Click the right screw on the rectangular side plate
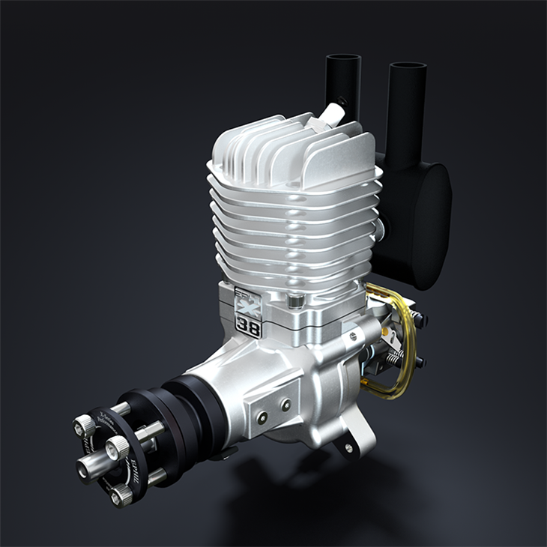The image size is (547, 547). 285,405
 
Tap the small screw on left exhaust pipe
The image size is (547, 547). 342,101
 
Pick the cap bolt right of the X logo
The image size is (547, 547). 295,302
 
